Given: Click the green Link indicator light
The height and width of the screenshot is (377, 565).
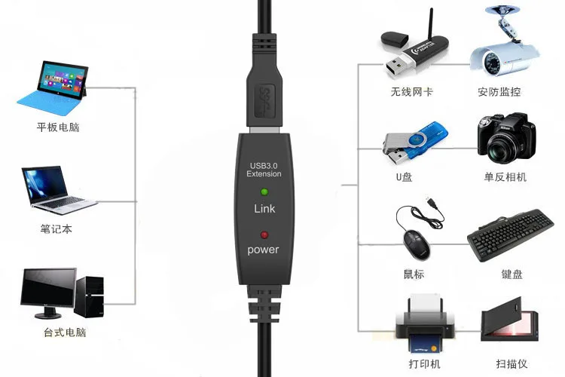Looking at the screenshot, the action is [x=264, y=193].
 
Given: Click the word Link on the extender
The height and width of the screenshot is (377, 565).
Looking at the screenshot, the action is [x=264, y=209].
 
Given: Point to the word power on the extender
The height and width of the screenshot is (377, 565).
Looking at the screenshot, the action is [x=263, y=250].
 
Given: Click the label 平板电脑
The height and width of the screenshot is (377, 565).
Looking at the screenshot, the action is [x=58, y=127].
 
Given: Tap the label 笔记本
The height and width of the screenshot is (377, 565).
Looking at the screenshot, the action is [x=56, y=228].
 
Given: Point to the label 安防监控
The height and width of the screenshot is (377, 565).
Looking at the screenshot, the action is [x=499, y=92].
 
